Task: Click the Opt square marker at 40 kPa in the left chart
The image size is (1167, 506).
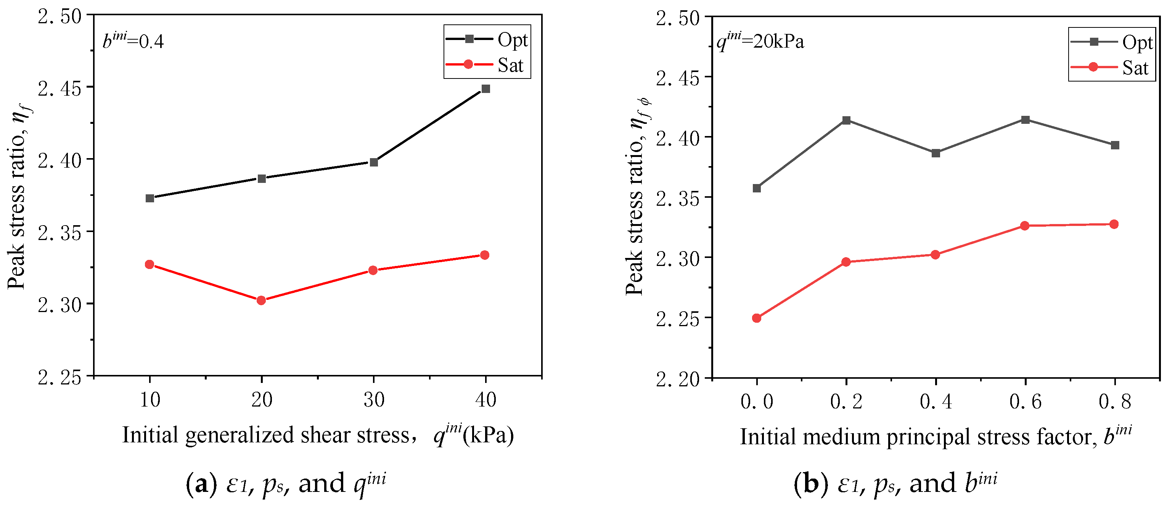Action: pos(485,89)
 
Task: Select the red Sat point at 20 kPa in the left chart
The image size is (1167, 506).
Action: pos(261,301)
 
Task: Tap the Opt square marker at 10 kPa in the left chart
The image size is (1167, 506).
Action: pos(150,198)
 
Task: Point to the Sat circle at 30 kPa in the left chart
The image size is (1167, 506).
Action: pos(373,270)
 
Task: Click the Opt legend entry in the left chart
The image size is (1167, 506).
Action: pos(487,40)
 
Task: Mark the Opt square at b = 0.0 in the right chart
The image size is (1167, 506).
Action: pos(757,188)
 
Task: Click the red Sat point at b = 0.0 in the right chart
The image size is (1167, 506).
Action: pos(757,318)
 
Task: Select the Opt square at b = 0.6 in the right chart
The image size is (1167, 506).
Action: pos(1025,120)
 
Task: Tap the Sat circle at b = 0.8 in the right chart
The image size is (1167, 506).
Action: pos(1114,224)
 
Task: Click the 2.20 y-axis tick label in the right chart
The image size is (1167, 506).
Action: pos(678,378)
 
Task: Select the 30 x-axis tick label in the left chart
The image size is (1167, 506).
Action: pos(374,400)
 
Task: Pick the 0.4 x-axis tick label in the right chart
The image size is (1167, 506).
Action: pos(936,402)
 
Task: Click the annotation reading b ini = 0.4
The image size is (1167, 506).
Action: pos(133,41)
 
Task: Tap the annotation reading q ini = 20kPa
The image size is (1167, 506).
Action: pos(760,42)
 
